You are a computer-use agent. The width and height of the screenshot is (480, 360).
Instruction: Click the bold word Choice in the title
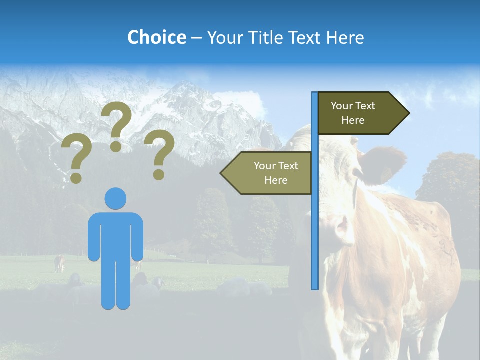[x=156, y=37]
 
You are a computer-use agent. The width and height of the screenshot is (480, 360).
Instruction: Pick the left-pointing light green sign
[x=267, y=173]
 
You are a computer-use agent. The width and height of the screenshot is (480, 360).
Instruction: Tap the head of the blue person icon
[x=115, y=198]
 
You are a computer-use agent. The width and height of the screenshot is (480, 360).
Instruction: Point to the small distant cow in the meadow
[x=59, y=263]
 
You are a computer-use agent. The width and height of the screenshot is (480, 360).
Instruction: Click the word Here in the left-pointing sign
[x=276, y=180]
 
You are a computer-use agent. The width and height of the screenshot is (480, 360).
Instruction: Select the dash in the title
[x=196, y=38]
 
